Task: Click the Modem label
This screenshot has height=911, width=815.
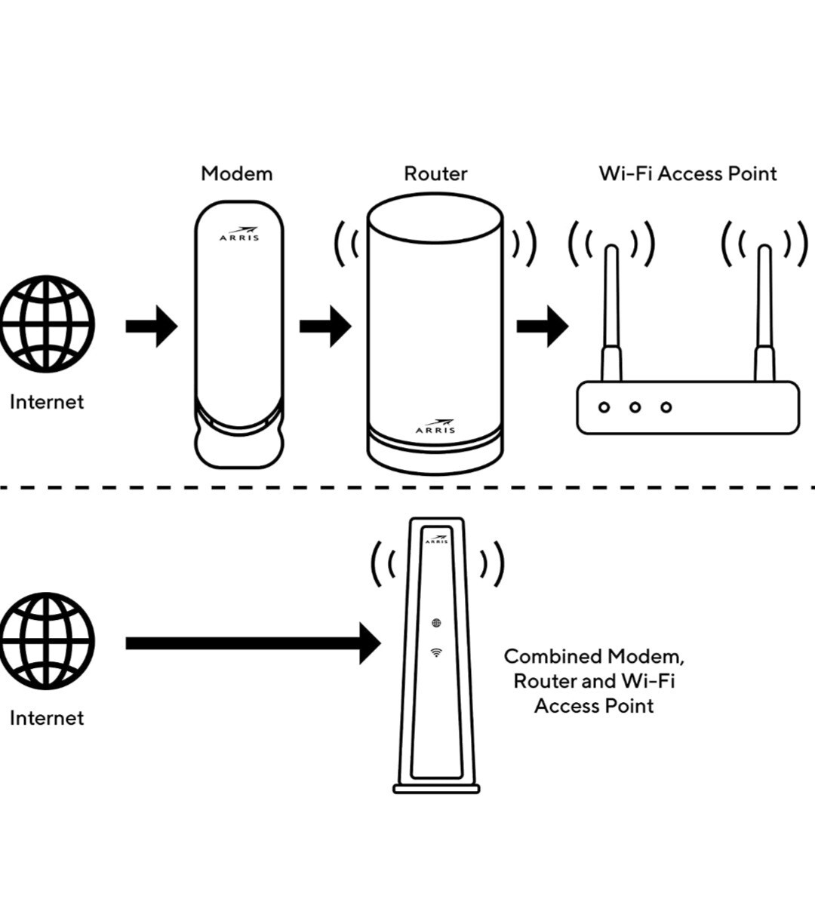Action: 237,174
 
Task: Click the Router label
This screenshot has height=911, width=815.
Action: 435,174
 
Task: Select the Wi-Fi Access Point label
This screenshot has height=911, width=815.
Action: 687,174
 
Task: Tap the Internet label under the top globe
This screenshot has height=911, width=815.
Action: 47,402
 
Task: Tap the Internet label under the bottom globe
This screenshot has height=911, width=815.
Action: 47,718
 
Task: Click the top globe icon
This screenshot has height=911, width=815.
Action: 48,324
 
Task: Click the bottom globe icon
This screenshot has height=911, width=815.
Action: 48,641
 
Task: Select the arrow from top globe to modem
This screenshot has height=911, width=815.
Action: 152,327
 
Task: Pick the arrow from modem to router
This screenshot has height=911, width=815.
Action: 325,327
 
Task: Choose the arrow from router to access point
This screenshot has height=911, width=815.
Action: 543,327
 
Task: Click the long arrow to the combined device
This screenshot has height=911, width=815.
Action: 254,643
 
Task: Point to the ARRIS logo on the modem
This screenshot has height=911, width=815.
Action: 239,234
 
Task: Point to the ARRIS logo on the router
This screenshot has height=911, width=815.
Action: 435,426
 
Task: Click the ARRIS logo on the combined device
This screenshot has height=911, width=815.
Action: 436,539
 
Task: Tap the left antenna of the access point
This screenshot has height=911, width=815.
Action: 611,313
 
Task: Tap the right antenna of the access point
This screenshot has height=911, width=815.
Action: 764,313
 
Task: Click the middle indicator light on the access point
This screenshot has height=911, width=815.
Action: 635,407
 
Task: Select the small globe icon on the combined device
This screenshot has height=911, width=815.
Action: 436,623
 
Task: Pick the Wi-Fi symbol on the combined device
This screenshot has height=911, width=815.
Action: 436,652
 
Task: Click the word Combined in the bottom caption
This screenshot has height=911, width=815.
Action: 554,657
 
